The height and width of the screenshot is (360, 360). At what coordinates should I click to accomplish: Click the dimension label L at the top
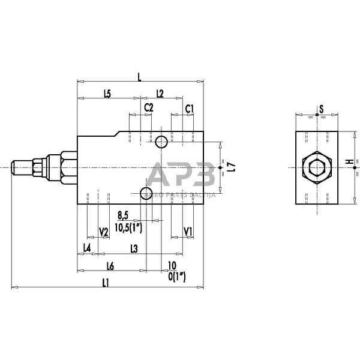point(139,76)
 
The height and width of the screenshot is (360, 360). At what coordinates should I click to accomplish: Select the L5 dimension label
point(107,93)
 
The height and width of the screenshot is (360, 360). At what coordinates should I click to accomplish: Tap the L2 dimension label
point(160,93)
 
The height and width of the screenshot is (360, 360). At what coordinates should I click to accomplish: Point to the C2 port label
point(148,108)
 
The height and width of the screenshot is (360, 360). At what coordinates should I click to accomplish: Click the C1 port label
point(189,108)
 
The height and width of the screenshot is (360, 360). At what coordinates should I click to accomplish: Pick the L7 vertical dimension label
point(231,169)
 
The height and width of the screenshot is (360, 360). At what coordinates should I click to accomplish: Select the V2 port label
point(103,232)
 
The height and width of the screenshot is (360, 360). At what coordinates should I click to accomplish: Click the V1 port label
point(188,232)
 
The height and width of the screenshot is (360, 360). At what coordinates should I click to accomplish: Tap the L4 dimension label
point(87,247)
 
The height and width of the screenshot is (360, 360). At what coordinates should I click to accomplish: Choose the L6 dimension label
point(110,265)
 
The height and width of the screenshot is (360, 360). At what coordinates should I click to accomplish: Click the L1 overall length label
point(106,283)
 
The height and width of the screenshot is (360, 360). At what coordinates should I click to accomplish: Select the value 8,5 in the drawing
point(123,215)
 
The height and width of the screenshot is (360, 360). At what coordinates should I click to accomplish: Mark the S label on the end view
point(321,109)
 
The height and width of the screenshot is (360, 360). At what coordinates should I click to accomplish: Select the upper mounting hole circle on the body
point(161,142)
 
